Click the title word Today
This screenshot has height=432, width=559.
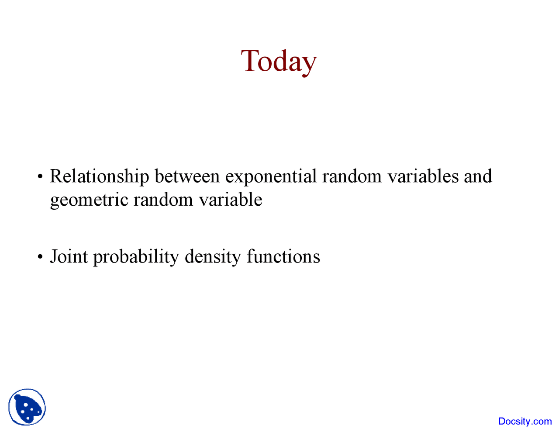279,61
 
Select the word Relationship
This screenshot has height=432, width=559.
99,176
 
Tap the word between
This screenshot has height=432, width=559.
187,176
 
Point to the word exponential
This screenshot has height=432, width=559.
271,176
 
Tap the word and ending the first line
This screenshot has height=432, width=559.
478,176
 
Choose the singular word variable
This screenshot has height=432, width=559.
230,200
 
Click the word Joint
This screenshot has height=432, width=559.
69,256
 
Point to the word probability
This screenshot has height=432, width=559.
136,256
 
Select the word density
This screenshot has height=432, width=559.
213,256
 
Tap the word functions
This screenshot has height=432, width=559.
283,256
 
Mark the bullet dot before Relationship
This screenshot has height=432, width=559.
40,177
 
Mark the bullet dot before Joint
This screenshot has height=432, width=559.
40,257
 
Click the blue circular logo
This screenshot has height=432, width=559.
27,407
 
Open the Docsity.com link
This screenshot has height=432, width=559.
525,422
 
